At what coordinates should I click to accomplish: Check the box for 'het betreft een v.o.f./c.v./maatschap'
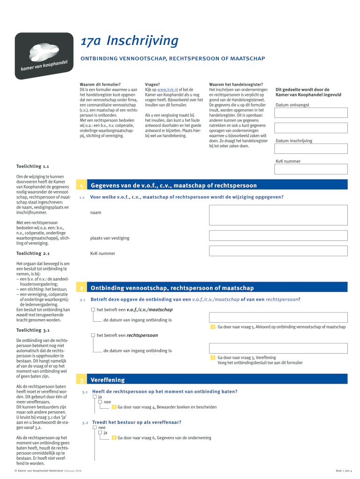(93, 310)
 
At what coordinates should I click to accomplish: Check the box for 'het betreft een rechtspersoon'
(93, 335)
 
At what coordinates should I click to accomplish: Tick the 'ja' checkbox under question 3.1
(94, 397)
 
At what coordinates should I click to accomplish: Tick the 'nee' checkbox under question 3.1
(100, 402)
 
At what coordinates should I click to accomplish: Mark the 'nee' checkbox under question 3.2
(94, 428)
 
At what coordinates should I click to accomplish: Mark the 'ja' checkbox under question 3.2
(100, 433)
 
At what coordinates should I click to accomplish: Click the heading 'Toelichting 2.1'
(33, 254)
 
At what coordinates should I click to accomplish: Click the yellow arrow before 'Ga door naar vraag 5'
(212, 327)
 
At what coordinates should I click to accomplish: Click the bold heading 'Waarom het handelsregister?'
(236, 84)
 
